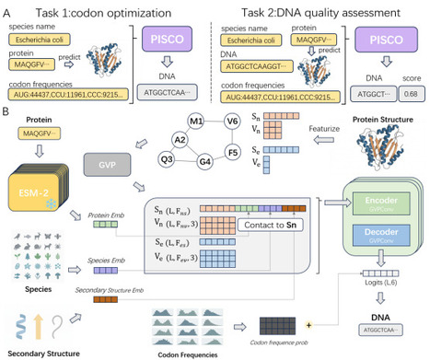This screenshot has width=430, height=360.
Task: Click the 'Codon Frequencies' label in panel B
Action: point(186,351)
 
